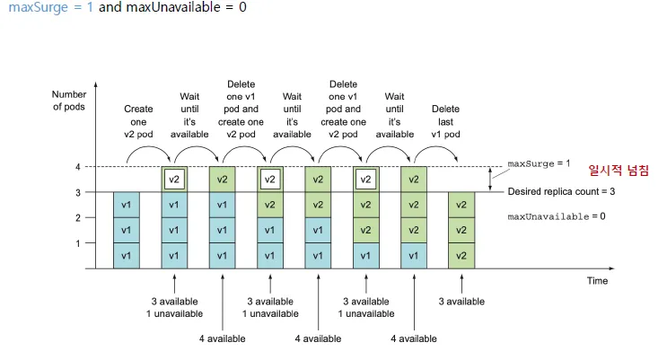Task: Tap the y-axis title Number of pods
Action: click(68, 101)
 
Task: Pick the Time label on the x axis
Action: click(597, 281)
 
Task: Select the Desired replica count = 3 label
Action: click(561, 192)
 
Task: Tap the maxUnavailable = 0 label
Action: click(557, 217)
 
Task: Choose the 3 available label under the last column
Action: click(461, 301)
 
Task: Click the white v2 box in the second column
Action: click(174, 180)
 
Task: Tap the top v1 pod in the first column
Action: click(127, 205)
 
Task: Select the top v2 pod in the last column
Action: click(461, 205)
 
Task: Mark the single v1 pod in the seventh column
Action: click(413, 255)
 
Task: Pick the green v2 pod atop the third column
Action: click(222, 180)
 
